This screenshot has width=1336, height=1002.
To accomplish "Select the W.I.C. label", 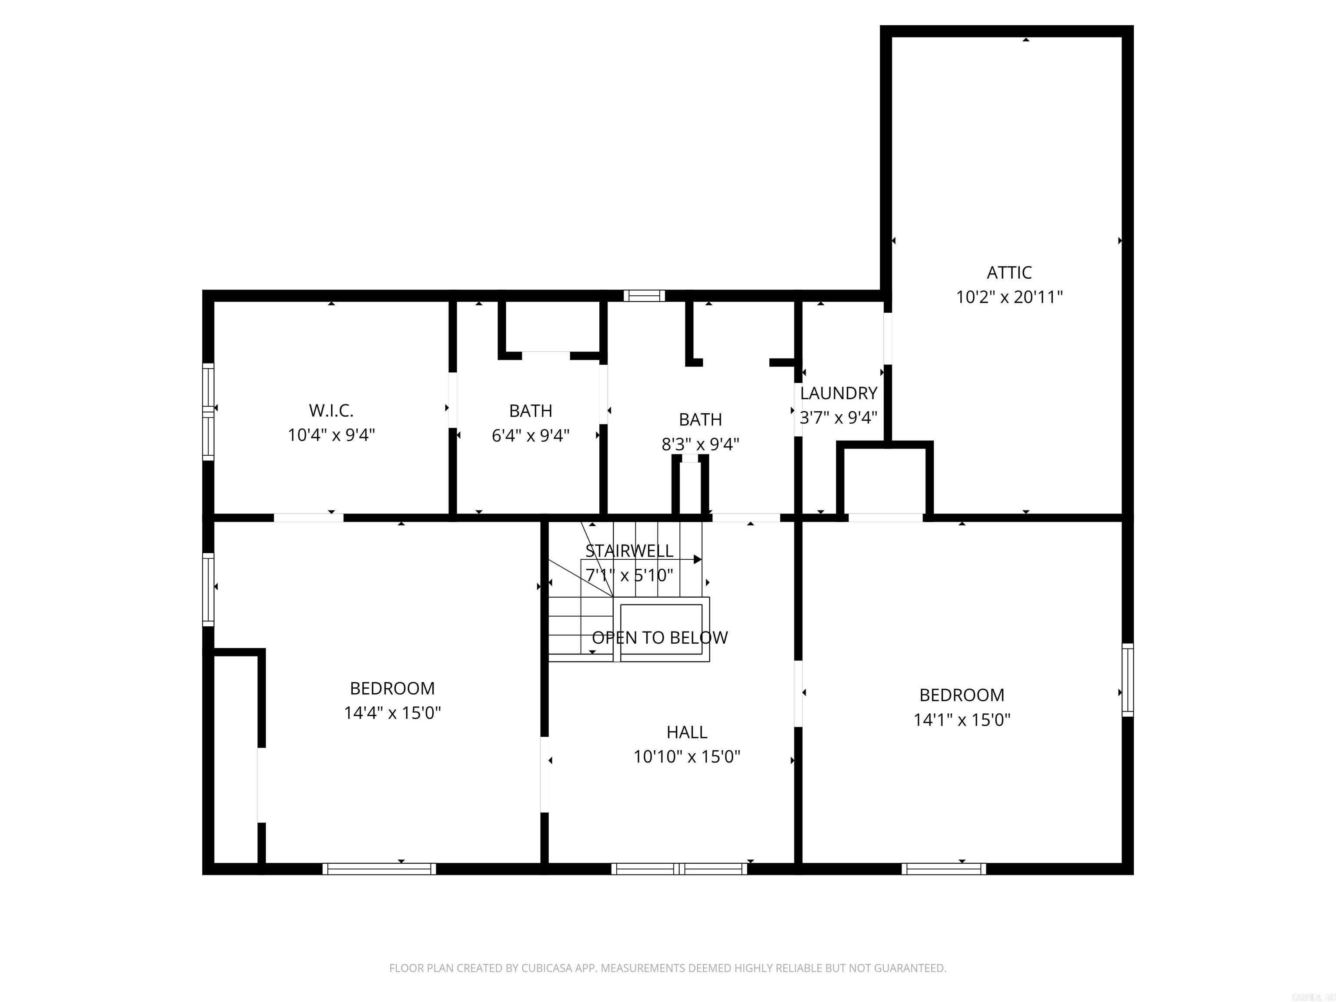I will [331, 411].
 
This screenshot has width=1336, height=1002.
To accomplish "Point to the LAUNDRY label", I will [838, 393].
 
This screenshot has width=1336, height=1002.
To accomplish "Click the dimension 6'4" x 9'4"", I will [530, 435].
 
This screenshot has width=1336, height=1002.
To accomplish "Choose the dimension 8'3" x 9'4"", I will [700, 444].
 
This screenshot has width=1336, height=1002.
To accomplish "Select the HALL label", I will [687, 732].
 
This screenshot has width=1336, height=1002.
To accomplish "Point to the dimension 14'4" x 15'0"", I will [392, 713].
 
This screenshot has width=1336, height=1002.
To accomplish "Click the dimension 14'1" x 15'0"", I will [962, 719].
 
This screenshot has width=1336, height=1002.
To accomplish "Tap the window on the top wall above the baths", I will [644, 295].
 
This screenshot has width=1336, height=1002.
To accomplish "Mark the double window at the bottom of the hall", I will [679, 868].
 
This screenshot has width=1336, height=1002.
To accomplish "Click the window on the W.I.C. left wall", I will [208, 411].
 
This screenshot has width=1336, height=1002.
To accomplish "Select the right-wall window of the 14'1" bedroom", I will [1127, 680].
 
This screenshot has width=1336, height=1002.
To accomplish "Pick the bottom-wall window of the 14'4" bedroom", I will [379, 868].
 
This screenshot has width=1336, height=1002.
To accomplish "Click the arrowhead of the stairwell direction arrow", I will [698, 559].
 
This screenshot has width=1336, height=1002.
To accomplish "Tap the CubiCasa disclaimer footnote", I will [668, 968].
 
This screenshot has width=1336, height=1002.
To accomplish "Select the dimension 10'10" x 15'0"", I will [687, 757].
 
